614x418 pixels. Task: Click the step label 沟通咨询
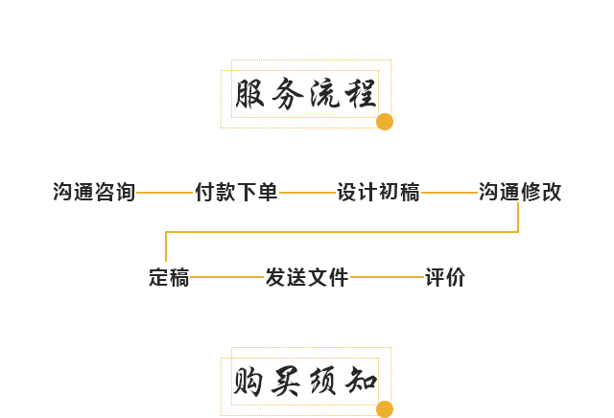click(x=94, y=192)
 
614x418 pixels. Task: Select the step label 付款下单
click(x=236, y=192)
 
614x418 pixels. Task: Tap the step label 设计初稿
click(x=378, y=192)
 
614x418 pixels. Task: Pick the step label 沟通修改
click(x=520, y=192)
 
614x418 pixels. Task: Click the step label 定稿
click(x=169, y=278)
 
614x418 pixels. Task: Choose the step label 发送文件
click(x=307, y=278)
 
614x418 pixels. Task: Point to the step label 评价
click(x=445, y=278)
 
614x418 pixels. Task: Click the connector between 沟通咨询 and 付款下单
click(x=165, y=193)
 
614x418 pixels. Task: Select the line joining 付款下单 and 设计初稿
click(x=307, y=193)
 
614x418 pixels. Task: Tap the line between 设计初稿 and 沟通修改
click(x=449, y=193)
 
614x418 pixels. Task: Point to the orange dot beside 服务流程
click(x=385, y=122)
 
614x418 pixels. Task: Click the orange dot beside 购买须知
click(x=385, y=409)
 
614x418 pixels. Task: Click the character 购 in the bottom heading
click(x=250, y=383)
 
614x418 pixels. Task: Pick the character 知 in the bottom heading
click(x=360, y=383)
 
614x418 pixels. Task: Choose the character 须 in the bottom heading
click(x=323, y=383)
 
